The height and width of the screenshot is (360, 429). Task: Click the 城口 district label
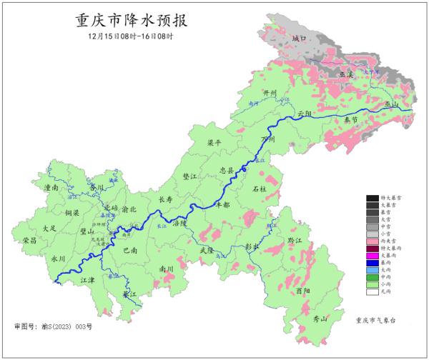[299, 38]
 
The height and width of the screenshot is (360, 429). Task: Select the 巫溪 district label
[347, 74]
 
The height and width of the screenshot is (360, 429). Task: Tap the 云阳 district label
[305, 114]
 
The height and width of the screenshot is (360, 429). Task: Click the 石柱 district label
[260, 189]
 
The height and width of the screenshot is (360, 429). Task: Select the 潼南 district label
[51, 187]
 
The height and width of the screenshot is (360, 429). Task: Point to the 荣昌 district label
[30, 241]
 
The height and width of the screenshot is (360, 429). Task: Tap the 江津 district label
[88, 281]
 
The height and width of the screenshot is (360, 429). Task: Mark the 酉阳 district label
[302, 291]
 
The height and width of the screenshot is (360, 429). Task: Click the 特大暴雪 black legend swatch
[372, 197]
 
